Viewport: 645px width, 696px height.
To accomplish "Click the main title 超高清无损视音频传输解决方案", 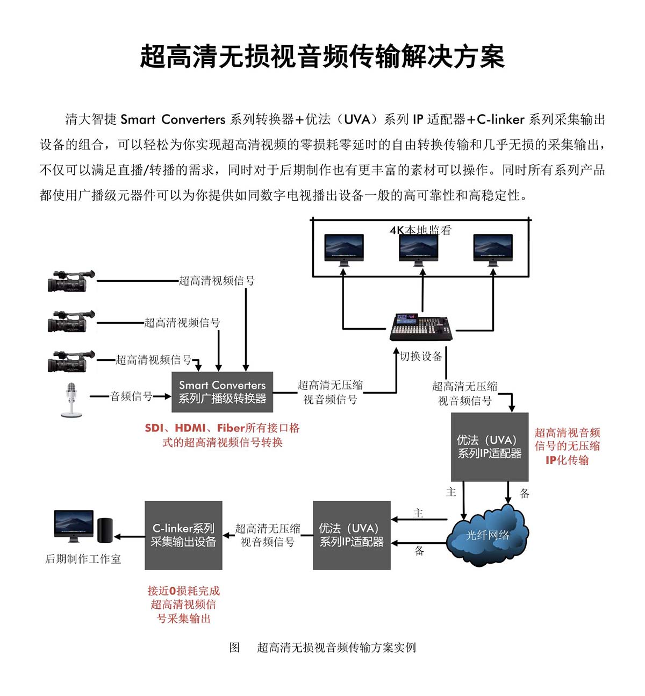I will [x=322, y=56].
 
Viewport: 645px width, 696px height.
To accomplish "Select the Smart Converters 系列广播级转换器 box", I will [x=222, y=392].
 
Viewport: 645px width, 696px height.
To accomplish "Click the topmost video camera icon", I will [x=70, y=281].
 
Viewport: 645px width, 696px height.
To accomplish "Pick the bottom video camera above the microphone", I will [x=70, y=360].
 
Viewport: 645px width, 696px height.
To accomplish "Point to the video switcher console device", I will [x=421, y=326].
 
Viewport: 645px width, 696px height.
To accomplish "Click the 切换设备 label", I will [x=421, y=357].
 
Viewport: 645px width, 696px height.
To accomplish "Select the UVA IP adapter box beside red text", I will [x=489, y=447].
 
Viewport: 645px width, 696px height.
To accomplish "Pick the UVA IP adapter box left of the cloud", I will [x=352, y=535].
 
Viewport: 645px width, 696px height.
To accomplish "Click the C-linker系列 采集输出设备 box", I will [x=183, y=535].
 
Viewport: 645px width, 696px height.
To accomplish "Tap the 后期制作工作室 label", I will [x=83, y=559].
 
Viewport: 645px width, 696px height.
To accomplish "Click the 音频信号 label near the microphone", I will [x=131, y=396].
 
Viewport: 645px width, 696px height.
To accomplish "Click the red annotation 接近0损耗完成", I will [x=183, y=591].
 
